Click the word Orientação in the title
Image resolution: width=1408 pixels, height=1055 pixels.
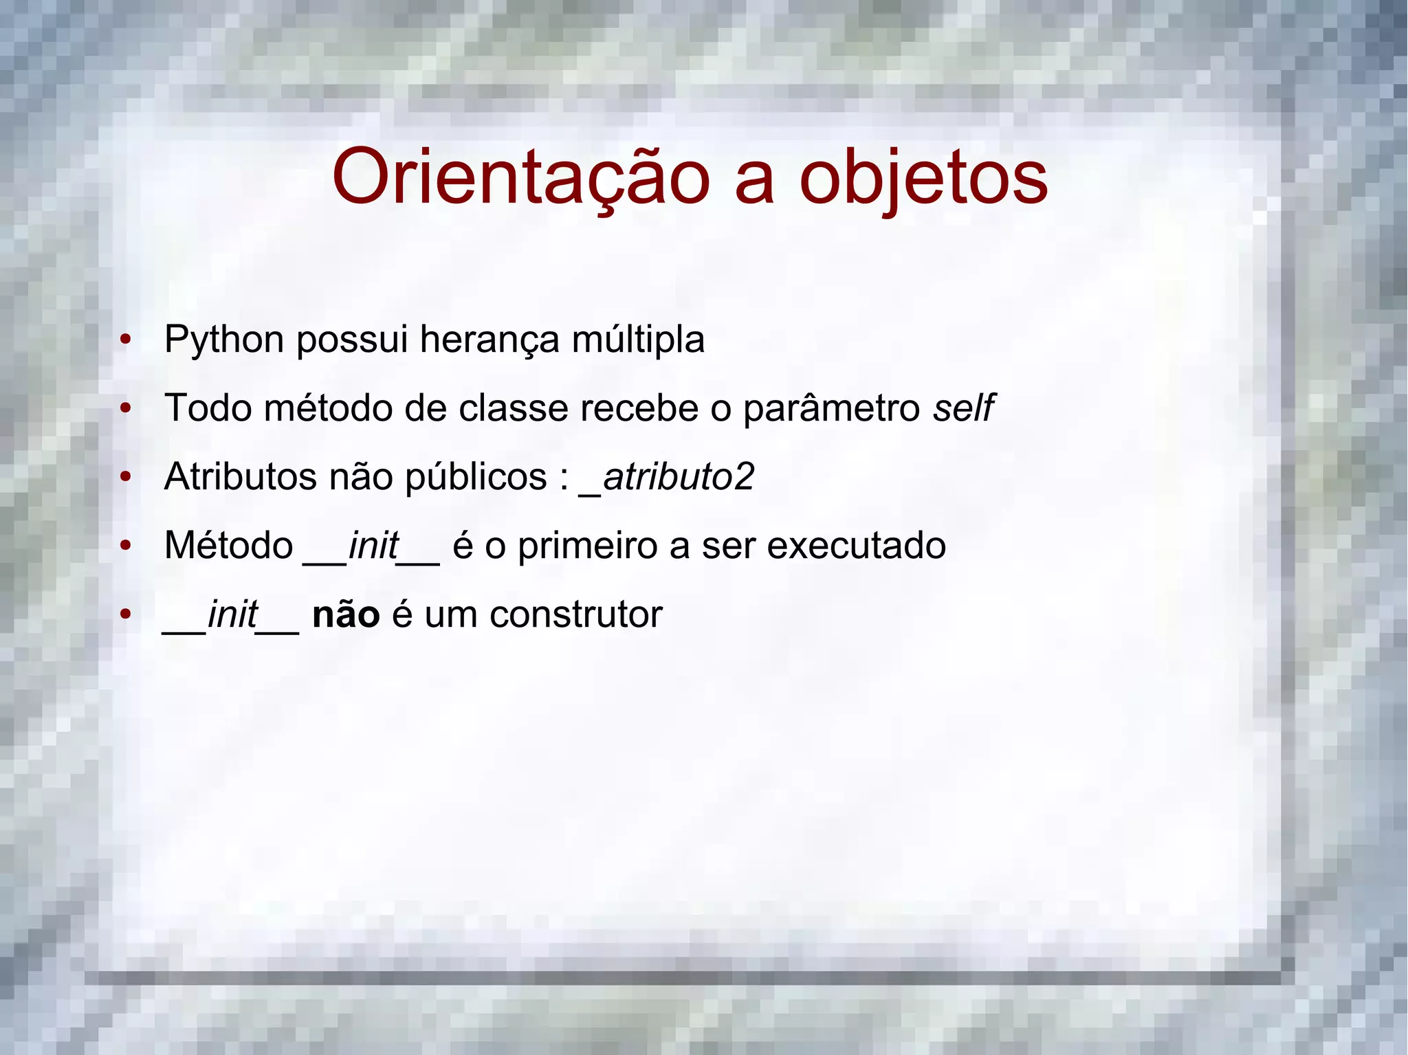pyautogui.click(x=520, y=177)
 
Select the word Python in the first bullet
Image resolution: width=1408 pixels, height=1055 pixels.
pyautogui.click(x=224, y=340)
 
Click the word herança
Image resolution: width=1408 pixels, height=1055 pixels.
pyautogui.click(x=489, y=340)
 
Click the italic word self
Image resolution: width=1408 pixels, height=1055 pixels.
pyautogui.click(x=962, y=408)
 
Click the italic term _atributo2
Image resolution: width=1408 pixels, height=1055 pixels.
pyautogui.click(x=668, y=477)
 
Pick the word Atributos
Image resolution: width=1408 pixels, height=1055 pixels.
pyautogui.click(x=240, y=477)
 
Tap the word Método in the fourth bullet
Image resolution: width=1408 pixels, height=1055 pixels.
pyautogui.click(x=229, y=546)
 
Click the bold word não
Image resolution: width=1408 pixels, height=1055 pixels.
pyautogui.click(x=346, y=614)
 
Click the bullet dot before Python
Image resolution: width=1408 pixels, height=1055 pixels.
pyautogui.click(x=125, y=340)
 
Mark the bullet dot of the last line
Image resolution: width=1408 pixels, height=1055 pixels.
pyautogui.click(x=125, y=614)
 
